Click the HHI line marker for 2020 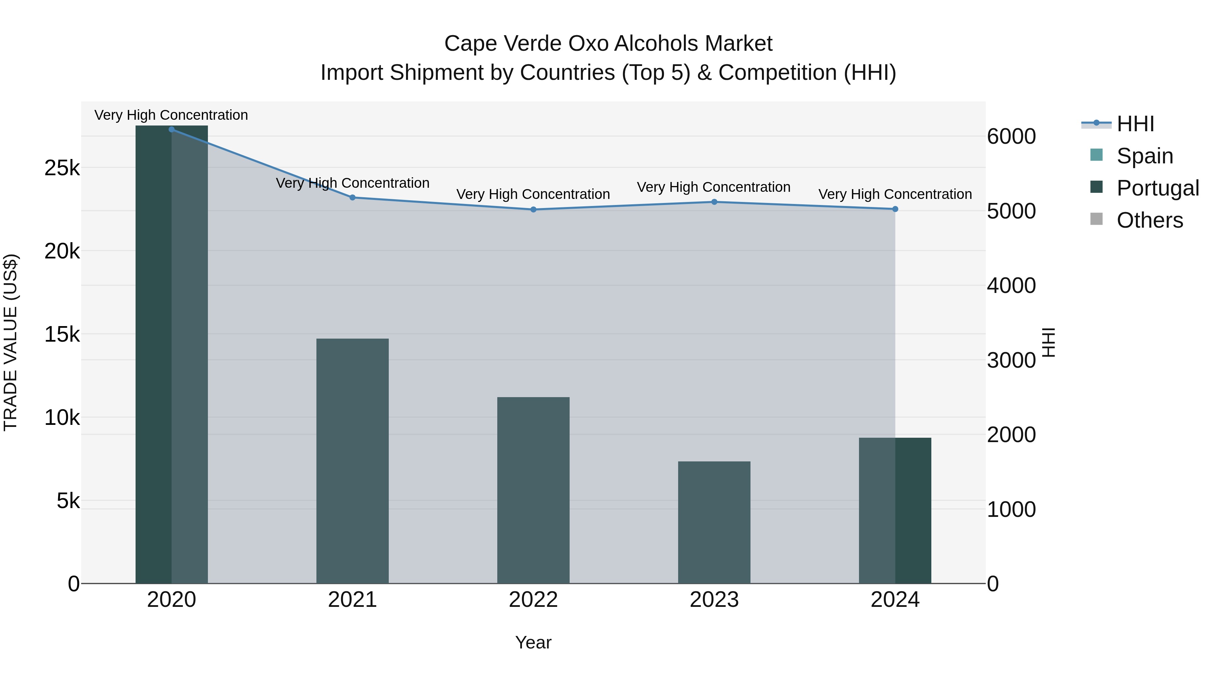[x=171, y=130]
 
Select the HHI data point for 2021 [x=353, y=198]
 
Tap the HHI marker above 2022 [x=533, y=209]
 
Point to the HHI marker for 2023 [x=714, y=202]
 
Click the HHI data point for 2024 [x=895, y=209]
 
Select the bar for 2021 [x=353, y=461]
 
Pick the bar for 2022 [x=533, y=490]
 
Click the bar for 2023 [x=714, y=522]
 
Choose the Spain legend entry [x=1144, y=156]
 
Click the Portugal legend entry [x=1158, y=188]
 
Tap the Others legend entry [x=1149, y=220]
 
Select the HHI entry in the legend [x=1135, y=124]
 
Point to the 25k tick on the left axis [x=62, y=168]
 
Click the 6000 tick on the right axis [x=1011, y=137]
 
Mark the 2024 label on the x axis [x=895, y=600]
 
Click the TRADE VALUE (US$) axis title [x=10, y=342]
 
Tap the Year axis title [x=533, y=642]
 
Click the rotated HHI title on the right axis [x=1048, y=342]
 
